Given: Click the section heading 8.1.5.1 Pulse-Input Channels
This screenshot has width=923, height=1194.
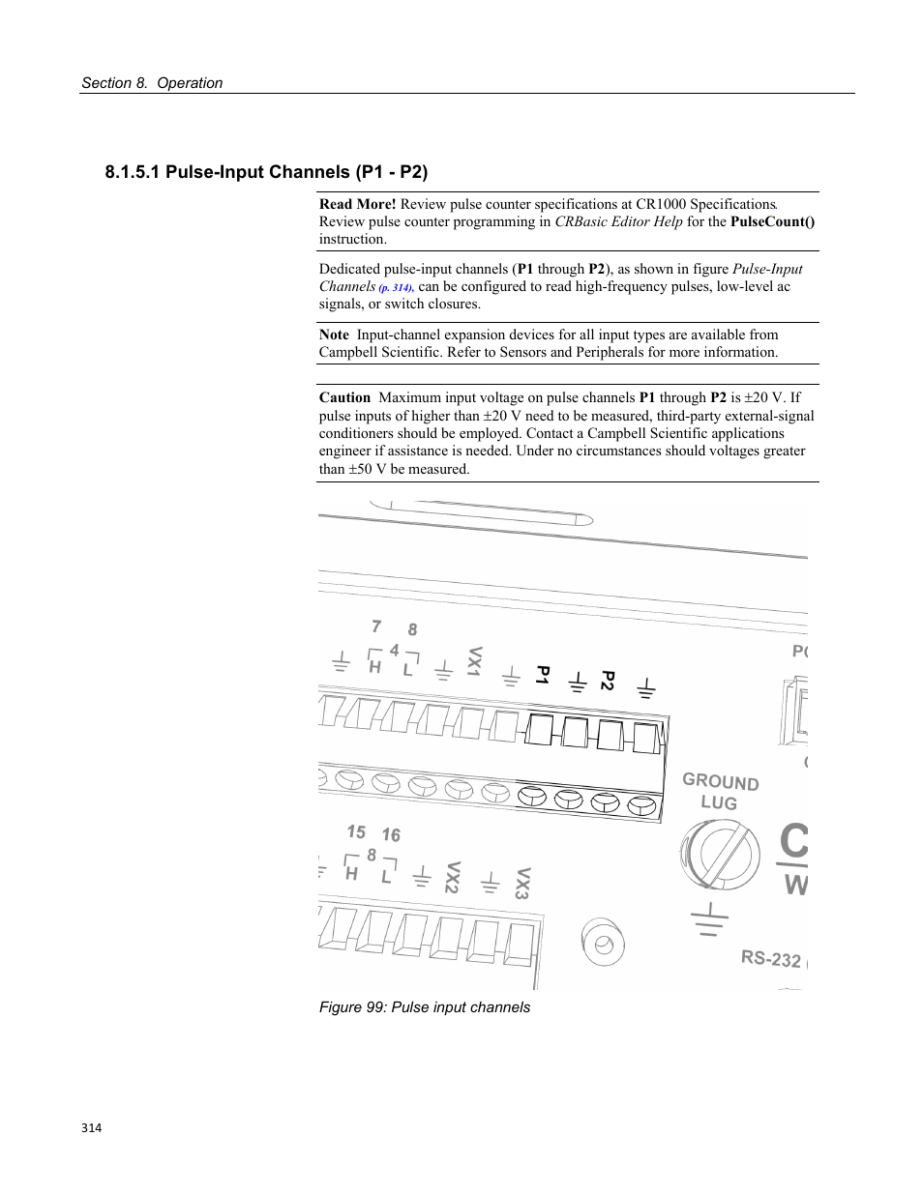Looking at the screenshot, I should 266,172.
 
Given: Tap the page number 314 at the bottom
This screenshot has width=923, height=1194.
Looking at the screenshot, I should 92,1127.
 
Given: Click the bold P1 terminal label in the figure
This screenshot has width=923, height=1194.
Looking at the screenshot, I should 543,675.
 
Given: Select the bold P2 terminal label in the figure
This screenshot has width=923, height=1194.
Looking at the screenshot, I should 608,680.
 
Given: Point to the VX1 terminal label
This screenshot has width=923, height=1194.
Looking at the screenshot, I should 475,662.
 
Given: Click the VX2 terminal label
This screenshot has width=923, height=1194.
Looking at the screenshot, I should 453,877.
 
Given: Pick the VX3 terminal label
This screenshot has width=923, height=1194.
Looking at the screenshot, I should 522,883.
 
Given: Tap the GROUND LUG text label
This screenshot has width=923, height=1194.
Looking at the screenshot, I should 720,792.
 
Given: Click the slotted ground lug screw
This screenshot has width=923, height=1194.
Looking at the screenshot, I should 720,855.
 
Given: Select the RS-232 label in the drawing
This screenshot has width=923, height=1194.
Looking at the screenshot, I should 771,958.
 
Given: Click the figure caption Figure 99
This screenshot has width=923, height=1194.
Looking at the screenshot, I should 425,1007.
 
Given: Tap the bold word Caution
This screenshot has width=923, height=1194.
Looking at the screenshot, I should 345,397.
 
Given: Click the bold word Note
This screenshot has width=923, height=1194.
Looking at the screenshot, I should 334,335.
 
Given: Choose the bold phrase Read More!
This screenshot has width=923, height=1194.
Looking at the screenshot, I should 358,204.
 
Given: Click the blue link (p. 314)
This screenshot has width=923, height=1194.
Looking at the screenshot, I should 396,287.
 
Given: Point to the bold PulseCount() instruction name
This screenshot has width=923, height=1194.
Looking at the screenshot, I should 772,221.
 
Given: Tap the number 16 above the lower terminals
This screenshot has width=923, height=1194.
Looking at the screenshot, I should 391,834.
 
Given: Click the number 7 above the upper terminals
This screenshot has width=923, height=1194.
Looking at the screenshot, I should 376,626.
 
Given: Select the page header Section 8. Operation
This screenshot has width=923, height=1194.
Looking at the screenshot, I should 152,83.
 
